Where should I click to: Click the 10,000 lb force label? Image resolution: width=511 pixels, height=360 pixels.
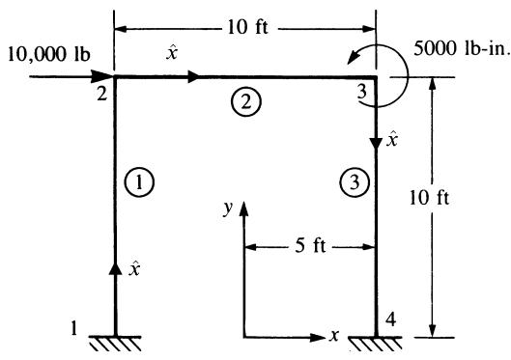(49, 54)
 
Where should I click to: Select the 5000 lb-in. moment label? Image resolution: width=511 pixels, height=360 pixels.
(461, 49)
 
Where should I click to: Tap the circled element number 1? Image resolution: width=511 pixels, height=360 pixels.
(139, 182)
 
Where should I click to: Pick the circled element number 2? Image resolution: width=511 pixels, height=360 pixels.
(246, 102)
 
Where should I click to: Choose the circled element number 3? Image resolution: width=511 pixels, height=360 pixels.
(355, 182)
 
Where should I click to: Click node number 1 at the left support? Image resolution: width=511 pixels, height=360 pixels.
(74, 328)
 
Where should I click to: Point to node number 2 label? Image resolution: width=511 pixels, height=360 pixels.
(102, 94)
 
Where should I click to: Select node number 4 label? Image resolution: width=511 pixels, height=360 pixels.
(391, 319)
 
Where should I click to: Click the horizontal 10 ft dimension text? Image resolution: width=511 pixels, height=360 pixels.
(247, 27)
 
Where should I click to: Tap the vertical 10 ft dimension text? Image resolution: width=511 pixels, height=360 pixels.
(430, 198)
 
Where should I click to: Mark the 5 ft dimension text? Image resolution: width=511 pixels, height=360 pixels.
(310, 245)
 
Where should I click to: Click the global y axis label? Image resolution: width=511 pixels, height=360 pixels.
(228, 208)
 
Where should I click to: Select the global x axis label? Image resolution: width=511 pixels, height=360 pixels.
(334, 335)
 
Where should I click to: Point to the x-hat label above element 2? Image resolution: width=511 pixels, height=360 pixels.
(172, 52)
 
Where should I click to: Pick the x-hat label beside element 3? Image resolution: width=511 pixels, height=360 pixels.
(392, 139)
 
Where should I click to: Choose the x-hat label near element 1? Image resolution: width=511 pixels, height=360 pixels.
(134, 268)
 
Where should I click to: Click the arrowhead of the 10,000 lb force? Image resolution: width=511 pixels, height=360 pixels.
(102, 77)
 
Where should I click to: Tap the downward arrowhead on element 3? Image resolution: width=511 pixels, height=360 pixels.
(376, 144)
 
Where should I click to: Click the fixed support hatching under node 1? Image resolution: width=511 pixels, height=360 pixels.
(115, 344)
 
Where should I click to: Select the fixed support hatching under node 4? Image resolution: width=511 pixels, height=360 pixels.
(376, 344)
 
